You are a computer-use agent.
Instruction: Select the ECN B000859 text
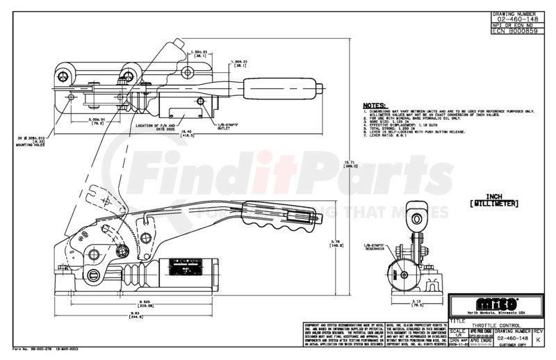tap(516, 32)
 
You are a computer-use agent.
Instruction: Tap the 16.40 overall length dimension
tap(167, 132)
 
